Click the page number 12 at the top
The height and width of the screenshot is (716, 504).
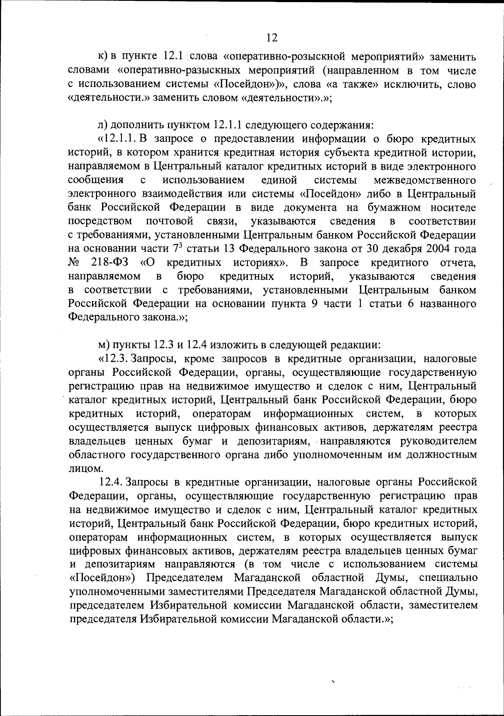point(272,38)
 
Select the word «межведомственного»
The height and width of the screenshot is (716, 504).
point(425,180)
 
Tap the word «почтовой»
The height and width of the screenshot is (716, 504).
point(170,221)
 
